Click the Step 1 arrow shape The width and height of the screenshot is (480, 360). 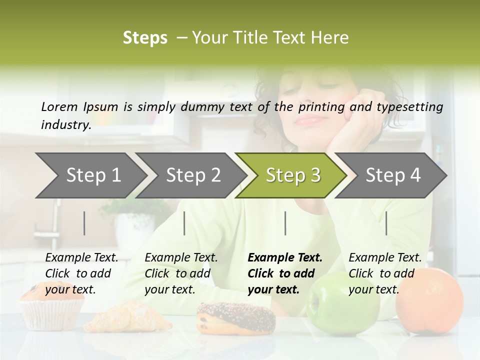[92, 175]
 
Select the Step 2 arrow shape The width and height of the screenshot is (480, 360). [192, 175]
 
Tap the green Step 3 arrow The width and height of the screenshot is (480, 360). [292, 175]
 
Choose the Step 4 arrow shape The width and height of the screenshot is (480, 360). [392, 175]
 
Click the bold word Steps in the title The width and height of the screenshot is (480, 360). [145, 38]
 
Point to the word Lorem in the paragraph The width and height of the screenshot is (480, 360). [59, 106]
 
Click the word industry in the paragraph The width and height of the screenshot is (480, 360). [65, 125]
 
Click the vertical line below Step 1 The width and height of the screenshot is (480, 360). [84, 223]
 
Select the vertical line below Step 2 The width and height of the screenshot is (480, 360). [184, 223]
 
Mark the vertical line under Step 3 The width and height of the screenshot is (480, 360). [285, 223]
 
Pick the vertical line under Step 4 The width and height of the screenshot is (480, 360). [386, 223]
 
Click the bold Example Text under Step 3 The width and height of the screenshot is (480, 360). [285, 273]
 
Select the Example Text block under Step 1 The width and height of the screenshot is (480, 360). [81, 273]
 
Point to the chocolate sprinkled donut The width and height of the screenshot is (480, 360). [236, 317]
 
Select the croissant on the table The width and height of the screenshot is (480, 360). [132, 316]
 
